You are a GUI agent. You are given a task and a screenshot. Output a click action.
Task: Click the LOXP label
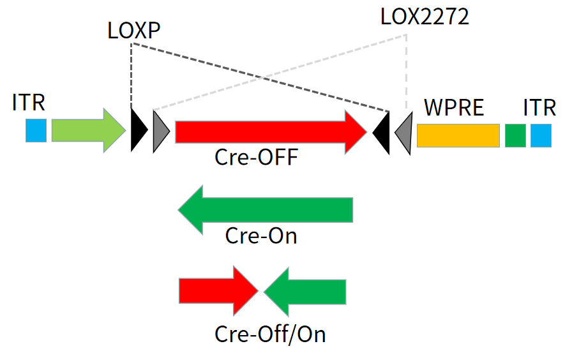133,31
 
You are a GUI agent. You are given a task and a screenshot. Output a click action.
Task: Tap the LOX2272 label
425,17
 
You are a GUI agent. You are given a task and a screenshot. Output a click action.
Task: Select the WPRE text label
455,107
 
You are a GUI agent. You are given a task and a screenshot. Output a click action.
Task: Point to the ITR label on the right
539,107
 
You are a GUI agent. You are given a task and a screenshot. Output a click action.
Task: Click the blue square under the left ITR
36,130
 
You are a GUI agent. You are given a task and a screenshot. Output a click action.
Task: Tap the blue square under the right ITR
541,135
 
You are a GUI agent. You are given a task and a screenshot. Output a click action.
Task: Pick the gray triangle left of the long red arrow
160,131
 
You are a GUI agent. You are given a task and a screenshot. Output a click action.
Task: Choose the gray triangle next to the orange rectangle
404,133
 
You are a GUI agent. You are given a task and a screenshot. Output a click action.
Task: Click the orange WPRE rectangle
458,135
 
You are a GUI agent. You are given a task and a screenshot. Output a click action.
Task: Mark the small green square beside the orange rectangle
515,135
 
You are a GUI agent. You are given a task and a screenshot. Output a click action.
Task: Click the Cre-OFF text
256,157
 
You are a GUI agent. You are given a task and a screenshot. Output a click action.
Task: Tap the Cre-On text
261,236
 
